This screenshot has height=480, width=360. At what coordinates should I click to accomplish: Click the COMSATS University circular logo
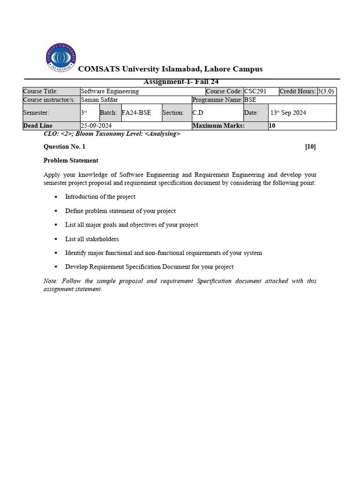pyautogui.click(x=60, y=57)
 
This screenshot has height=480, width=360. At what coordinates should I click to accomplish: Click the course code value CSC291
pyautogui.click(x=255, y=91)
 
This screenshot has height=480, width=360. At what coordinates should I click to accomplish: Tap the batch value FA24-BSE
pyautogui.click(x=136, y=113)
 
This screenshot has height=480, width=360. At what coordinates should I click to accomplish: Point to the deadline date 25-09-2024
pyautogui.click(x=96, y=126)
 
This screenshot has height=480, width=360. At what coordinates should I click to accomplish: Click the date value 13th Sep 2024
pyautogui.click(x=288, y=113)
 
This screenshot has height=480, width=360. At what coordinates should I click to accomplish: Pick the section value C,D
pyautogui.click(x=198, y=113)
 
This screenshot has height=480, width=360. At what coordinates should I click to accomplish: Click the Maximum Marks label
pyautogui.click(x=218, y=126)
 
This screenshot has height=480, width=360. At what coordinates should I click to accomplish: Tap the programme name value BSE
pyautogui.click(x=250, y=100)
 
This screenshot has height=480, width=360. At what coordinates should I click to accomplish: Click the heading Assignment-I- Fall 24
pyautogui.click(x=181, y=82)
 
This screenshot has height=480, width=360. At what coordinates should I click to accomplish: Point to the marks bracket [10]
pyautogui.click(x=310, y=147)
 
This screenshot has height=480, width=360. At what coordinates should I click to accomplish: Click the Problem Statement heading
pyautogui.click(x=71, y=160)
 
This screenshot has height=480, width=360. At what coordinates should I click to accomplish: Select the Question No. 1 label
pyautogui.click(x=64, y=147)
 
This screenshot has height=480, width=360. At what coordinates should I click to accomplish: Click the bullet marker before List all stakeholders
pyautogui.click(x=55, y=239)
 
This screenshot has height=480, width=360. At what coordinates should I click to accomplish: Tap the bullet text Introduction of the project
pyautogui.click(x=100, y=197)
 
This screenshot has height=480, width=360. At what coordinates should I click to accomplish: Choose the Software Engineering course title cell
pyautogui.click(x=110, y=91)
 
